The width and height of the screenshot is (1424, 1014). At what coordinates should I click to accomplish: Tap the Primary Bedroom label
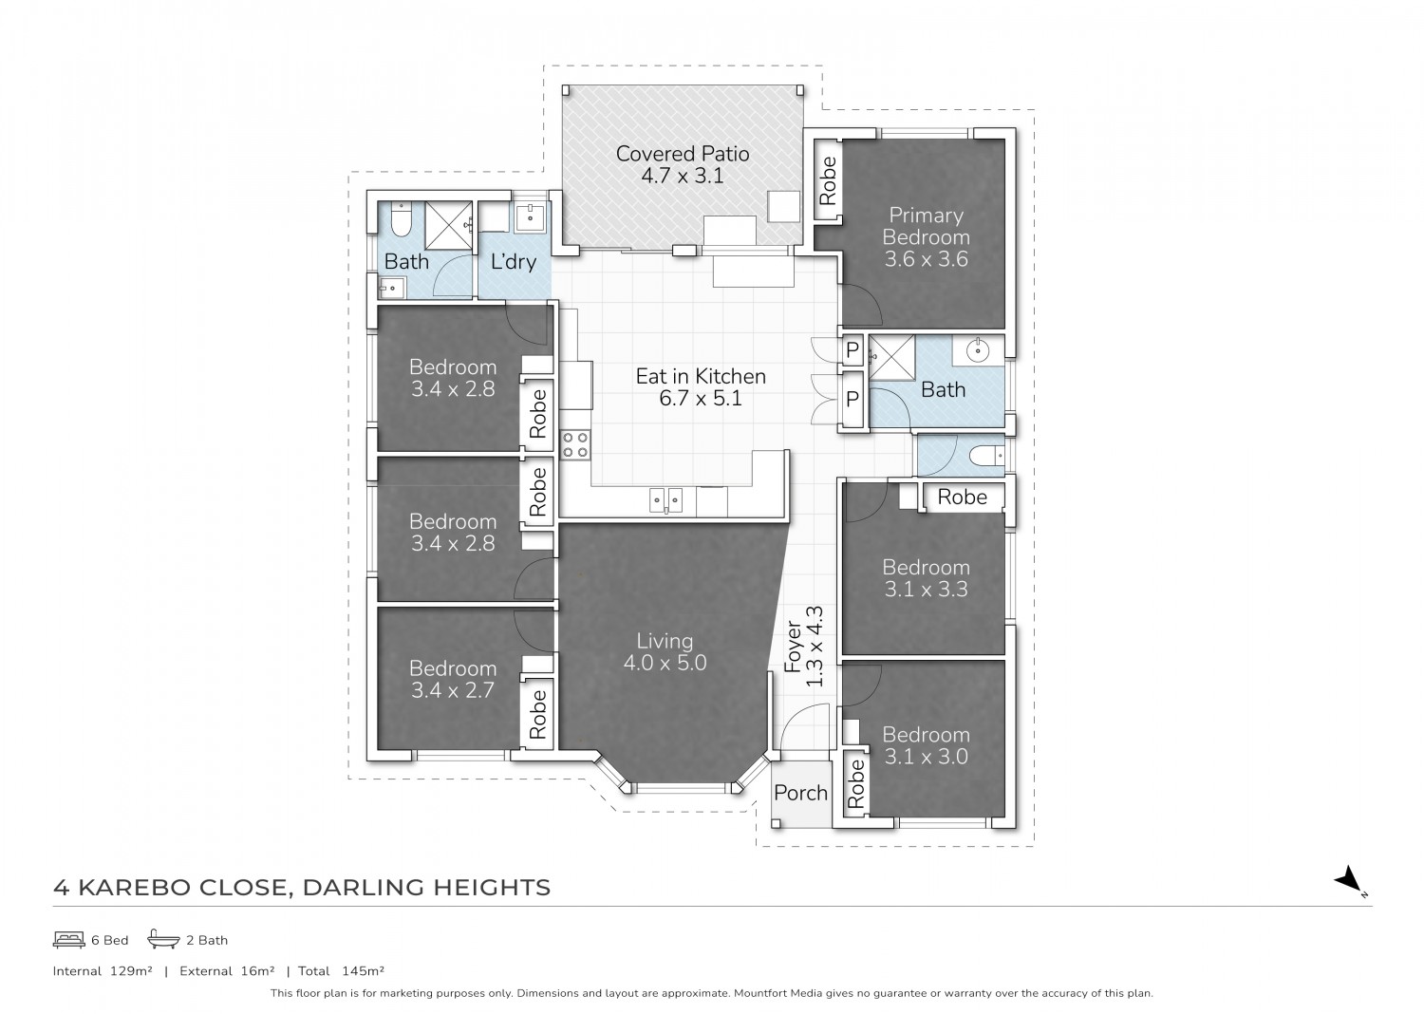926,226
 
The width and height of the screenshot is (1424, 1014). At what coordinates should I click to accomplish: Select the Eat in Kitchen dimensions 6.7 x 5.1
701,399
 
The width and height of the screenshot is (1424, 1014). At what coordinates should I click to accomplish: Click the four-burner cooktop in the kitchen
574,445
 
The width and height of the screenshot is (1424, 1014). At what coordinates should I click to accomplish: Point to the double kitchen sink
665,500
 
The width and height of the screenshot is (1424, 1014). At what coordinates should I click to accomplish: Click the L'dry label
514,261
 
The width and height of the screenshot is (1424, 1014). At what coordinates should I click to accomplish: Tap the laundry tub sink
530,216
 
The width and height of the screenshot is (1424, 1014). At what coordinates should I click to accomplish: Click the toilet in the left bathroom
402,218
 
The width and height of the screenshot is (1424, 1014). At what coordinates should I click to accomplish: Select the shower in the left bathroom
449,226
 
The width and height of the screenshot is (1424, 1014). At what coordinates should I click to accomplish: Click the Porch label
800,793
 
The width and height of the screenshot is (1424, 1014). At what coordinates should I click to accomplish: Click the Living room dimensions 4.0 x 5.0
665,663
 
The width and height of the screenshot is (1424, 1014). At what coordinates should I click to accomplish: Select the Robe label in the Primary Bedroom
828,180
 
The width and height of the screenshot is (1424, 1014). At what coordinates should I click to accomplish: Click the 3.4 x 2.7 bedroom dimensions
453,690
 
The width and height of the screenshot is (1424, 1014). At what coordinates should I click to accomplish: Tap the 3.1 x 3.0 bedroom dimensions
926,757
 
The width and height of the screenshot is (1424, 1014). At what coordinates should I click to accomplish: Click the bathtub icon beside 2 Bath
163,939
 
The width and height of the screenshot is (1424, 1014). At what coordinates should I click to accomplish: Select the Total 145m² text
341,970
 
